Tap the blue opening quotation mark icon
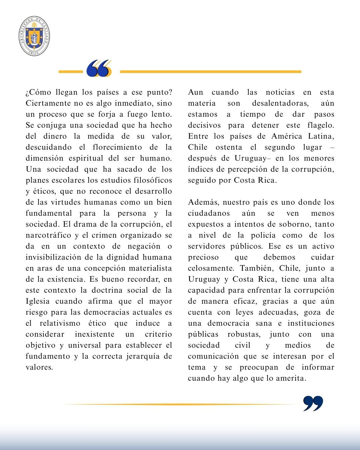[98, 69]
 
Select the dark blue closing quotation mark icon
[313, 404]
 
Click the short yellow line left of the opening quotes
[70, 71]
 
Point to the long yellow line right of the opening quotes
[210, 71]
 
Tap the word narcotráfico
[49, 235]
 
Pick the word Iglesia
[38, 301]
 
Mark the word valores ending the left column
[39, 367]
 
